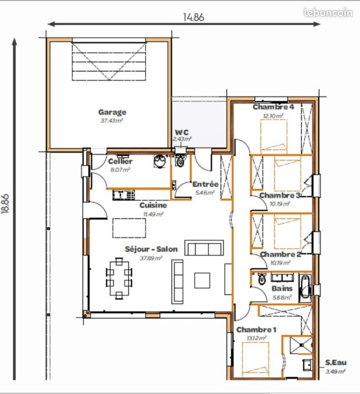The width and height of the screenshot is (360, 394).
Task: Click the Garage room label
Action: (112, 112)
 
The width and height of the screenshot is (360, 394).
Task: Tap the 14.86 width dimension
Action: (193, 17)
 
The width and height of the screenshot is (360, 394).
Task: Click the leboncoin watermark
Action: (328, 13)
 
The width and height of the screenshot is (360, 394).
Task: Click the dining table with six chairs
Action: (119, 278)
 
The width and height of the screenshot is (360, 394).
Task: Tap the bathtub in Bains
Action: (305, 289)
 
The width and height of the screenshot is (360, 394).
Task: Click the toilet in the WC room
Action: (180, 161)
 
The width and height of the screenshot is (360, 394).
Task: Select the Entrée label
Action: (205, 184)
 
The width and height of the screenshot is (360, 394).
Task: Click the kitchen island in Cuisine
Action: (129, 228)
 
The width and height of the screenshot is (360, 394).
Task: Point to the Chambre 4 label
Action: (273, 107)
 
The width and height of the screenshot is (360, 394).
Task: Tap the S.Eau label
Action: (336, 363)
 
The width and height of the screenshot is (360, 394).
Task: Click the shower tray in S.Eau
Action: (301, 344)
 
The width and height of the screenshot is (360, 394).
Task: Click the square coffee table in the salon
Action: (202, 281)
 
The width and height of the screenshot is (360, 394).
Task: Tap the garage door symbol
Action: (109, 61)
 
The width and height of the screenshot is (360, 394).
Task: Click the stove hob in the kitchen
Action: (123, 195)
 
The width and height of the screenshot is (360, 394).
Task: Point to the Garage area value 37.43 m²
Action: (111, 121)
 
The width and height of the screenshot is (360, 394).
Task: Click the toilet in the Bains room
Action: (262, 279)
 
